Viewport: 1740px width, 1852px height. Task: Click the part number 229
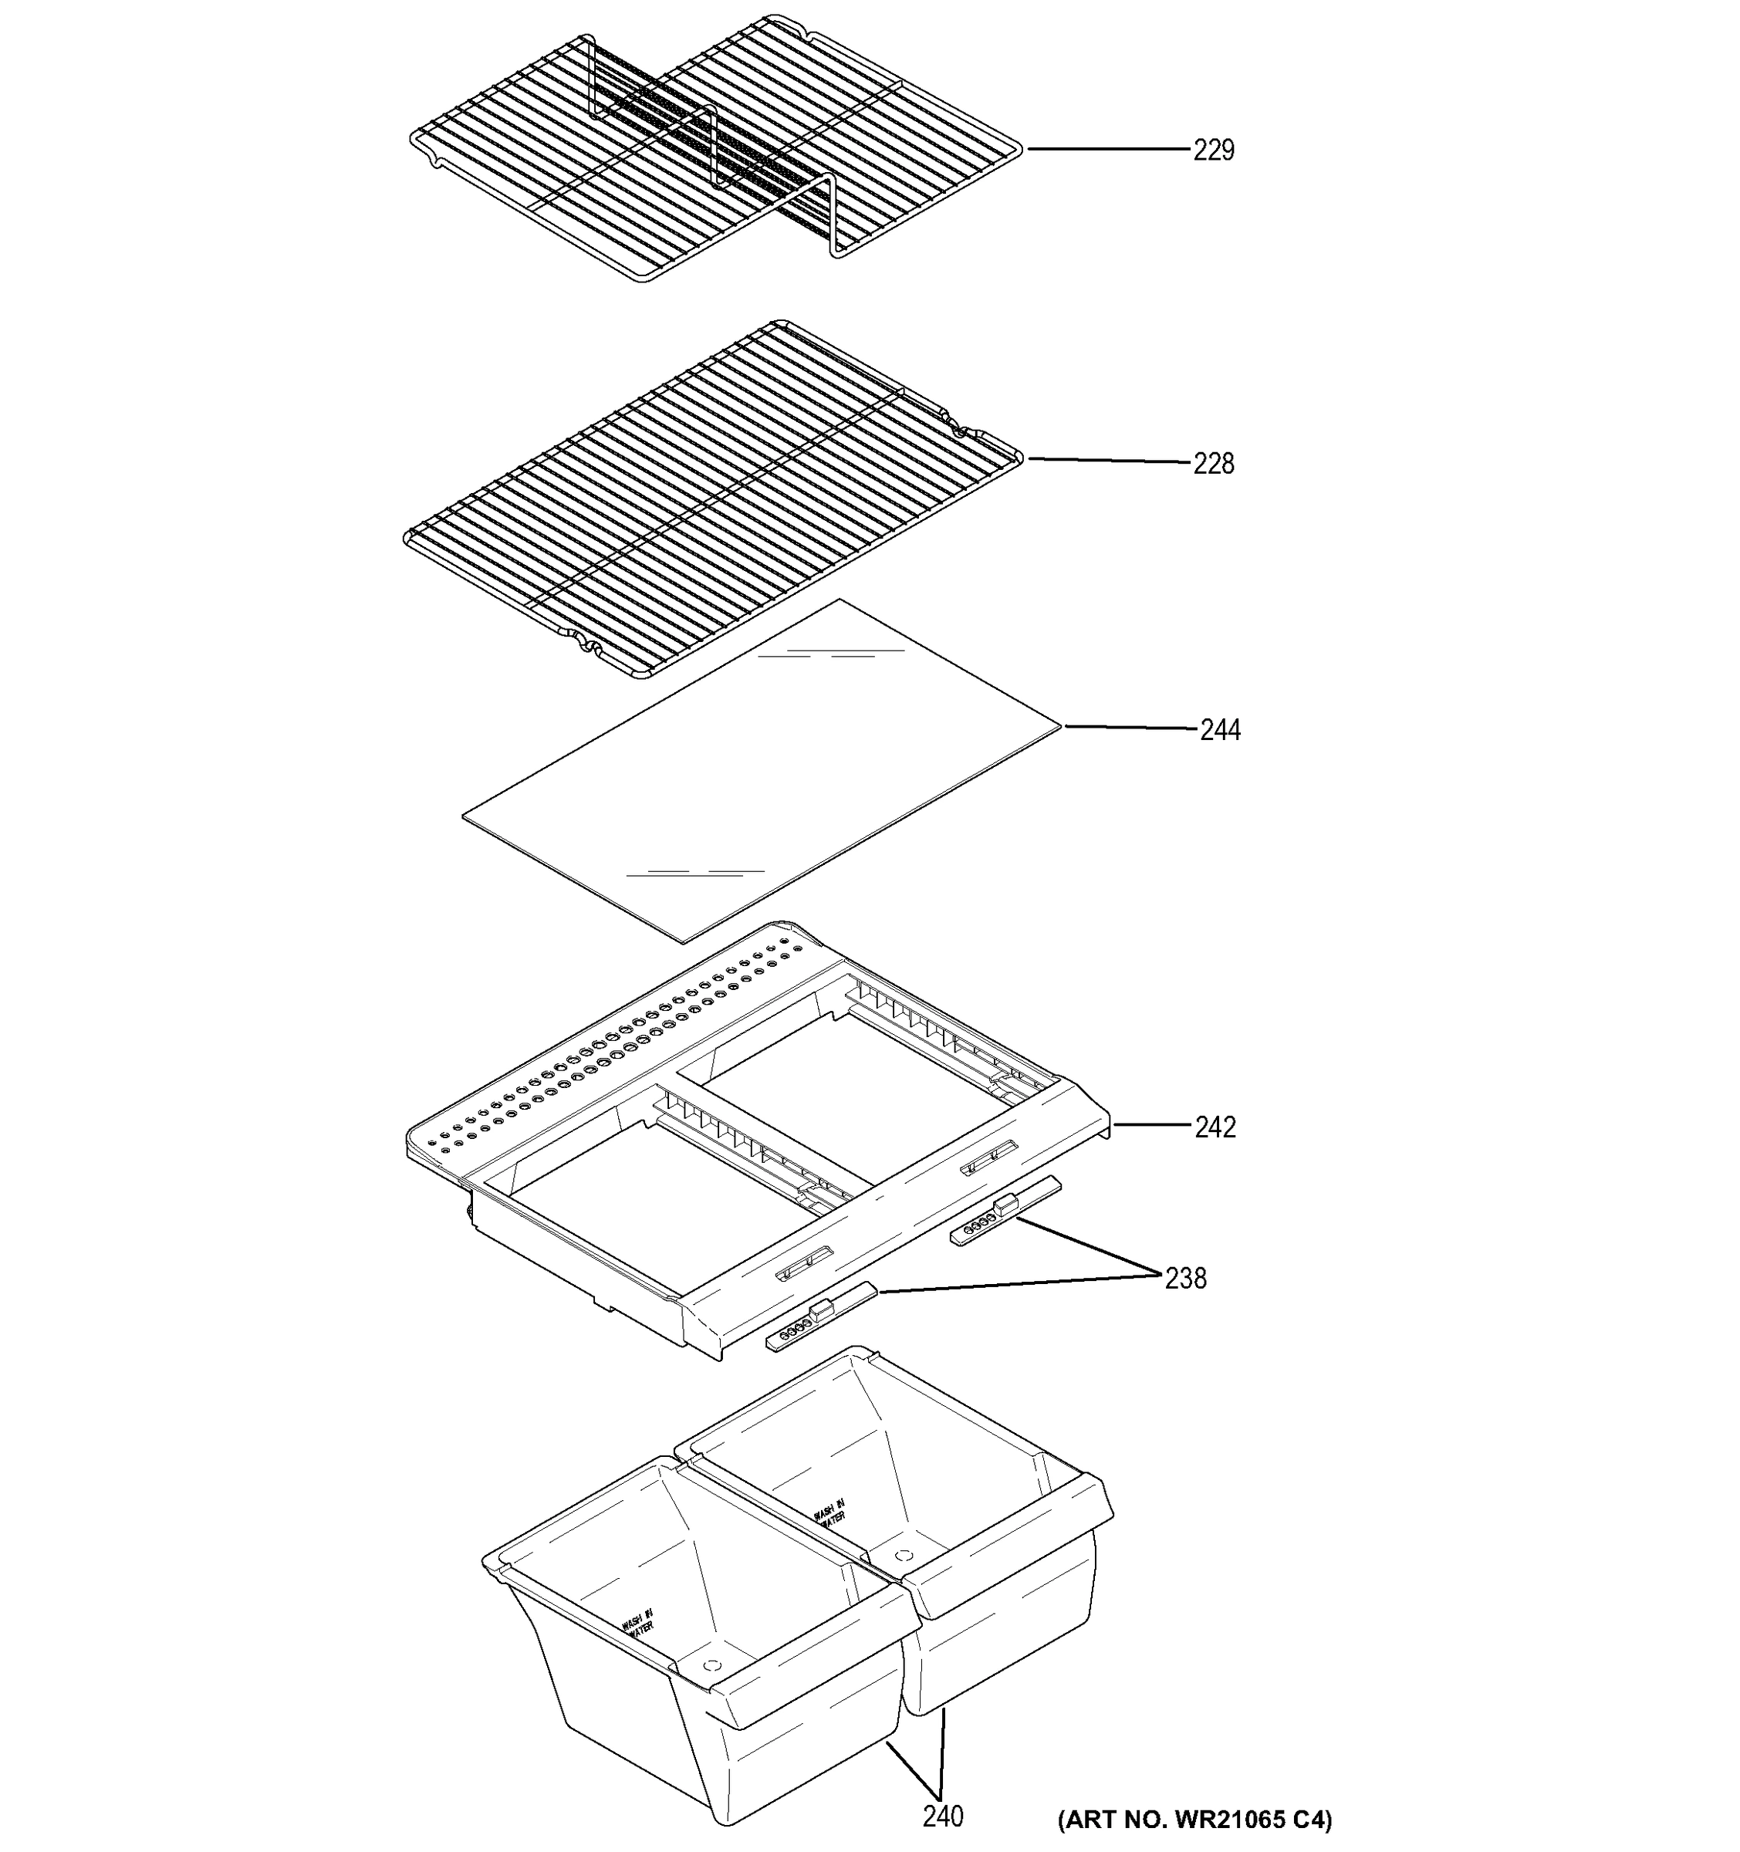point(1213,150)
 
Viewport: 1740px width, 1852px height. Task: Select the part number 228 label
point(1213,463)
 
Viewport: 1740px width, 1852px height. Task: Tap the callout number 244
point(1219,729)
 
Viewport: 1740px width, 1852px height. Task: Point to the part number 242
point(1215,1127)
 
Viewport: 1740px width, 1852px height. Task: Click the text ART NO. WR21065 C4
point(1194,1819)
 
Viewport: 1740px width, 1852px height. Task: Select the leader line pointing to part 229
point(1109,149)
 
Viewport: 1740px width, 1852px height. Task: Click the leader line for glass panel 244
point(1129,727)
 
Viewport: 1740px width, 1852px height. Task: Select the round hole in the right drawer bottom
point(902,1555)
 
